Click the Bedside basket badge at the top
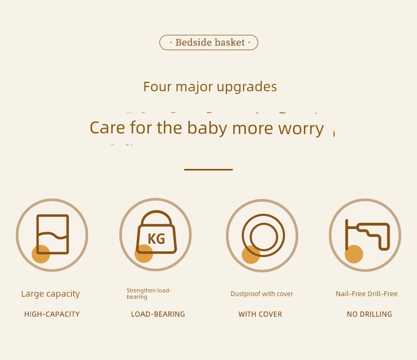tap(209, 43)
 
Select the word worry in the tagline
tap(301, 129)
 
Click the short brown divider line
tap(209, 169)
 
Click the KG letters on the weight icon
tap(156, 239)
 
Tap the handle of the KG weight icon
tap(156, 218)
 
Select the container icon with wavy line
tap(53, 234)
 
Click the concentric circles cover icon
tap(263, 235)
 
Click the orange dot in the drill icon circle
tap(354, 254)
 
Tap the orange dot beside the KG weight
tap(144, 254)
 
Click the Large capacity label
tap(51, 294)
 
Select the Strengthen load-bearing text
tap(149, 293)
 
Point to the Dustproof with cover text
tap(262, 294)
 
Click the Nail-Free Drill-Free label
tap(366, 294)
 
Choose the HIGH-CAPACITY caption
tap(52, 314)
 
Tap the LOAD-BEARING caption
tap(158, 314)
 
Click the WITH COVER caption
tap(260, 314)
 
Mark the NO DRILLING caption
tap(369, 314)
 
